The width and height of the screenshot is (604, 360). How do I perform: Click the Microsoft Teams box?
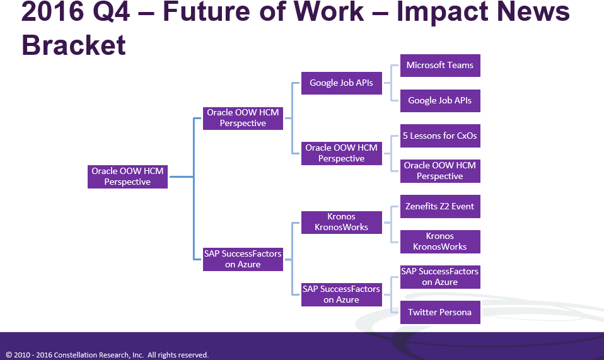point(440,65)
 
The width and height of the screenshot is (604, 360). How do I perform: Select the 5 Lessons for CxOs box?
point(440,136)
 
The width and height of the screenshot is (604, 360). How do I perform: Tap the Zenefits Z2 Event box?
point(440,206)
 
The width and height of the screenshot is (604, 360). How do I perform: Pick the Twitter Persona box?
point(440,312)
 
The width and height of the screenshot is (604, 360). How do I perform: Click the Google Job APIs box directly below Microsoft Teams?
point(440,100)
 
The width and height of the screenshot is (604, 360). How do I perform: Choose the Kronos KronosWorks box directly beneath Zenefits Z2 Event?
point(440,241)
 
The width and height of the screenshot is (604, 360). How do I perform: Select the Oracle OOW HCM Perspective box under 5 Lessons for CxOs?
point(440,171)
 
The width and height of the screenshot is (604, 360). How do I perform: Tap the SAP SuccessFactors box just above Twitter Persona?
point(440,277)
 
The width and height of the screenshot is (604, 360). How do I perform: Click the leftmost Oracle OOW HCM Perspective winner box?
point(127,177)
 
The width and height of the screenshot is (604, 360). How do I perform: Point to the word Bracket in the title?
point(74,45)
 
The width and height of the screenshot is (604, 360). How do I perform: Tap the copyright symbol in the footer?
point(9,355)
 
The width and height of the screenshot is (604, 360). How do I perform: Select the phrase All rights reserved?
point(178,355)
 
